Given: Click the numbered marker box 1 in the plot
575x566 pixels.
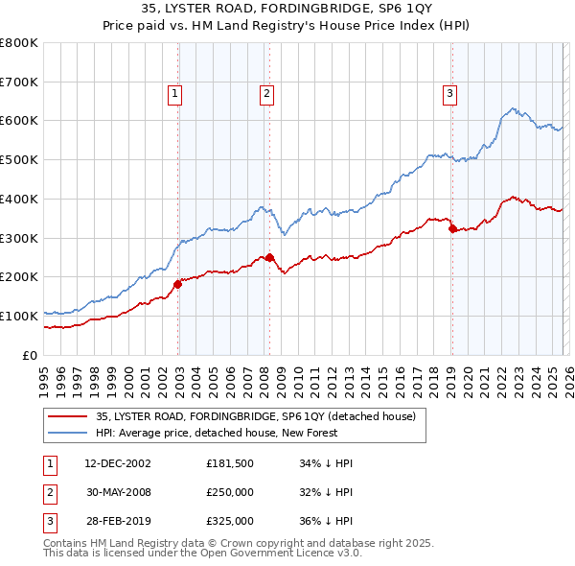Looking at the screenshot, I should pos(177,93).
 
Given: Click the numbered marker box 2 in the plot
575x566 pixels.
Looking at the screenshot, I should pos(265,93).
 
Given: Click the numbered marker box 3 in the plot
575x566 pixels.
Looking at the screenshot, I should pos(449,93).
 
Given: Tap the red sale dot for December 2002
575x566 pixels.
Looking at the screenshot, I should pos(177,284).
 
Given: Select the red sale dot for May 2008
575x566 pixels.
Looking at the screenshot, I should pos(269,257).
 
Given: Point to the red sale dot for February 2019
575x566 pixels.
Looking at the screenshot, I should pos(452,227).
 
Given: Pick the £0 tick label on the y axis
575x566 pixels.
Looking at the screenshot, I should pos(31,355).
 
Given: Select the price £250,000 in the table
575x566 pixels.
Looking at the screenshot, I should pos(230,492).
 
